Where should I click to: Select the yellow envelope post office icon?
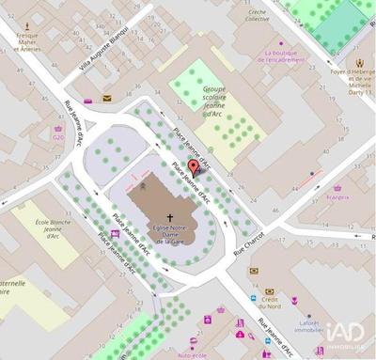click(x=106, y=98)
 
